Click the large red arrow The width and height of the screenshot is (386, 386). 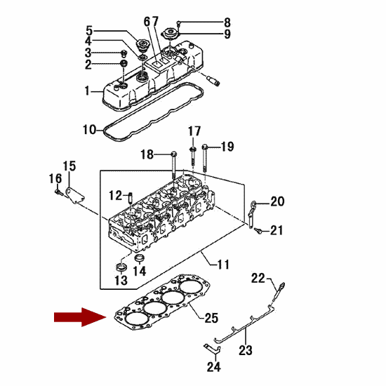(x=80, y=317)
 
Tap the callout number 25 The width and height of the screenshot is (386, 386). (x=211, y=318)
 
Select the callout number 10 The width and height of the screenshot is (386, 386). (x=89, y=130)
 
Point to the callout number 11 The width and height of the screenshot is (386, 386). (x=223, y=265)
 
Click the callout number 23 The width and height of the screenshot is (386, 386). (x=246, y=350)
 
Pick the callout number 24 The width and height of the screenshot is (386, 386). (x=214, y=367)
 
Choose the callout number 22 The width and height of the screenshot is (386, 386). (x=258, y=279)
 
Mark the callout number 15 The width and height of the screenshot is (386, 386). (x=69, y=166)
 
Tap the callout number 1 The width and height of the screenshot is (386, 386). (x=87, y=91)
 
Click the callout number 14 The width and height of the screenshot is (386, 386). (x=140, y=271)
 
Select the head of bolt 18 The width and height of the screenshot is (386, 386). (x=174, y=154)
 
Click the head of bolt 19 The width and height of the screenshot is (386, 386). (x=205, y=147)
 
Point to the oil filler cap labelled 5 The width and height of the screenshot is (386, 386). (x=142, y=44)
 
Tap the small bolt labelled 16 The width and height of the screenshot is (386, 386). (x=58, y=192)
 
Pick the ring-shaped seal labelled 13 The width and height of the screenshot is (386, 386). (x=121, y=267)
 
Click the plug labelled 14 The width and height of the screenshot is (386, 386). (x=140, y=258)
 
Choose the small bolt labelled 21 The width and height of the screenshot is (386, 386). (x=258, y=231)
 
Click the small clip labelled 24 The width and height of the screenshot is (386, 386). (x=212, y=349)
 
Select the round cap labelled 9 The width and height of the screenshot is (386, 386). (x=170, y=33)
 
